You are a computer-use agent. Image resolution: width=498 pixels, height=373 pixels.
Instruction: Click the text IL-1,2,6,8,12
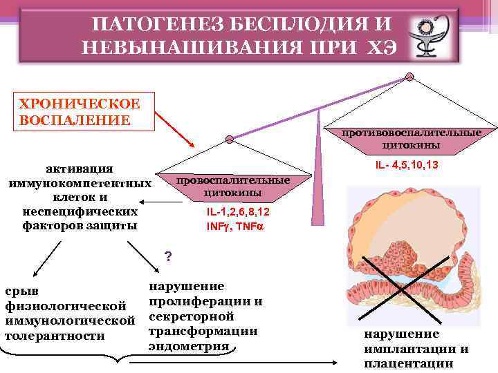click(x=239, y=211)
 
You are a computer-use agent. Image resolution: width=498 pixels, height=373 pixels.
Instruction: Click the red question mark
click(x=167, y=258)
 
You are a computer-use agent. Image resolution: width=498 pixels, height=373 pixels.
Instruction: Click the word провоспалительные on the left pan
click(x=233, y=180)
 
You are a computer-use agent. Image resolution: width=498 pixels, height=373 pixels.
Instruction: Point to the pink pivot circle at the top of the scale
click(x=410, y=76)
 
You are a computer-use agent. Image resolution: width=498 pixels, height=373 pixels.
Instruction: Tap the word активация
click(x=80, y=169)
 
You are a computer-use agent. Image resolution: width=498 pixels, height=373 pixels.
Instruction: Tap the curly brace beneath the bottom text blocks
click(x=124, y=359)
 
